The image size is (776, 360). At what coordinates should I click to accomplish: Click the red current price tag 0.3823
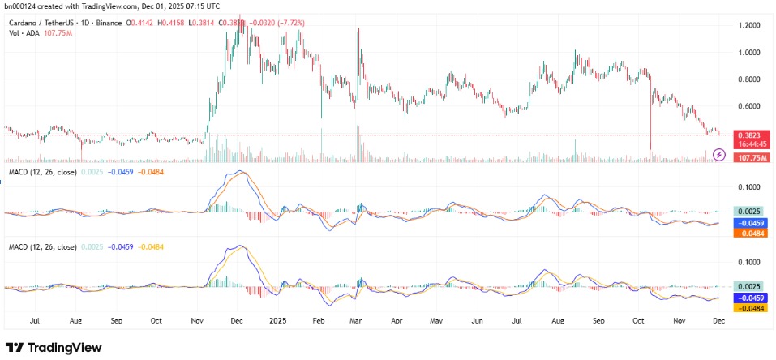pos(748,135)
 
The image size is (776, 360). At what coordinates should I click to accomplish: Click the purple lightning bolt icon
pos(719,154)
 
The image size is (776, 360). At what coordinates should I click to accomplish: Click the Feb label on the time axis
pos(318,321)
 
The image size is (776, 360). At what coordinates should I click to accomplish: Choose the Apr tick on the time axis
pos(397,321)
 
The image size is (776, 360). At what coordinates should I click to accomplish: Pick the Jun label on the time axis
pos(477,321)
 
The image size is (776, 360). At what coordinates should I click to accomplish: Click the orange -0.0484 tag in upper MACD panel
pos(748,233)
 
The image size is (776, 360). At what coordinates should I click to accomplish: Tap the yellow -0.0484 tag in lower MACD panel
pos(748,308)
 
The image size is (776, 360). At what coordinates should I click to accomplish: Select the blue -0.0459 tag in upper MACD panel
pos(748,222)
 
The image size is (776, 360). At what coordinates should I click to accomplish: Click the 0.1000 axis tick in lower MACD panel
pos(747,262)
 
